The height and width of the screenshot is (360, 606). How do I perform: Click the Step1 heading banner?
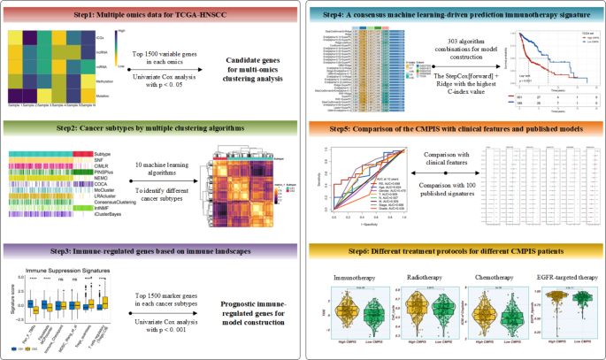pos(150,16)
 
